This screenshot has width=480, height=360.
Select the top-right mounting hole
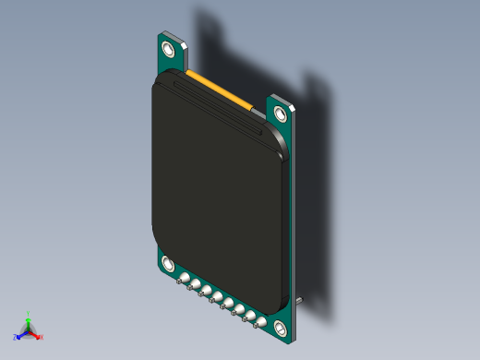point(281,113)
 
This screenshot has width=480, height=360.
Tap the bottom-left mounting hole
point(168,264)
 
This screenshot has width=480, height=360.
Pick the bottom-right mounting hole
point(279,327)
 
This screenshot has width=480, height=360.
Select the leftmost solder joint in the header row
point(185,279)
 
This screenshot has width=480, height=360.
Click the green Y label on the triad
point(29,314)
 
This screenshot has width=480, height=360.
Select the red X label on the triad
point(42,337)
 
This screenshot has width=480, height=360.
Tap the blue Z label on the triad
point(16,337)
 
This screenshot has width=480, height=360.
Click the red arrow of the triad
point(35,334)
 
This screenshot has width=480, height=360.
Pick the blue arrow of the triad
point(22,334)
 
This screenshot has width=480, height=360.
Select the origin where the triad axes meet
point(29,330)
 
